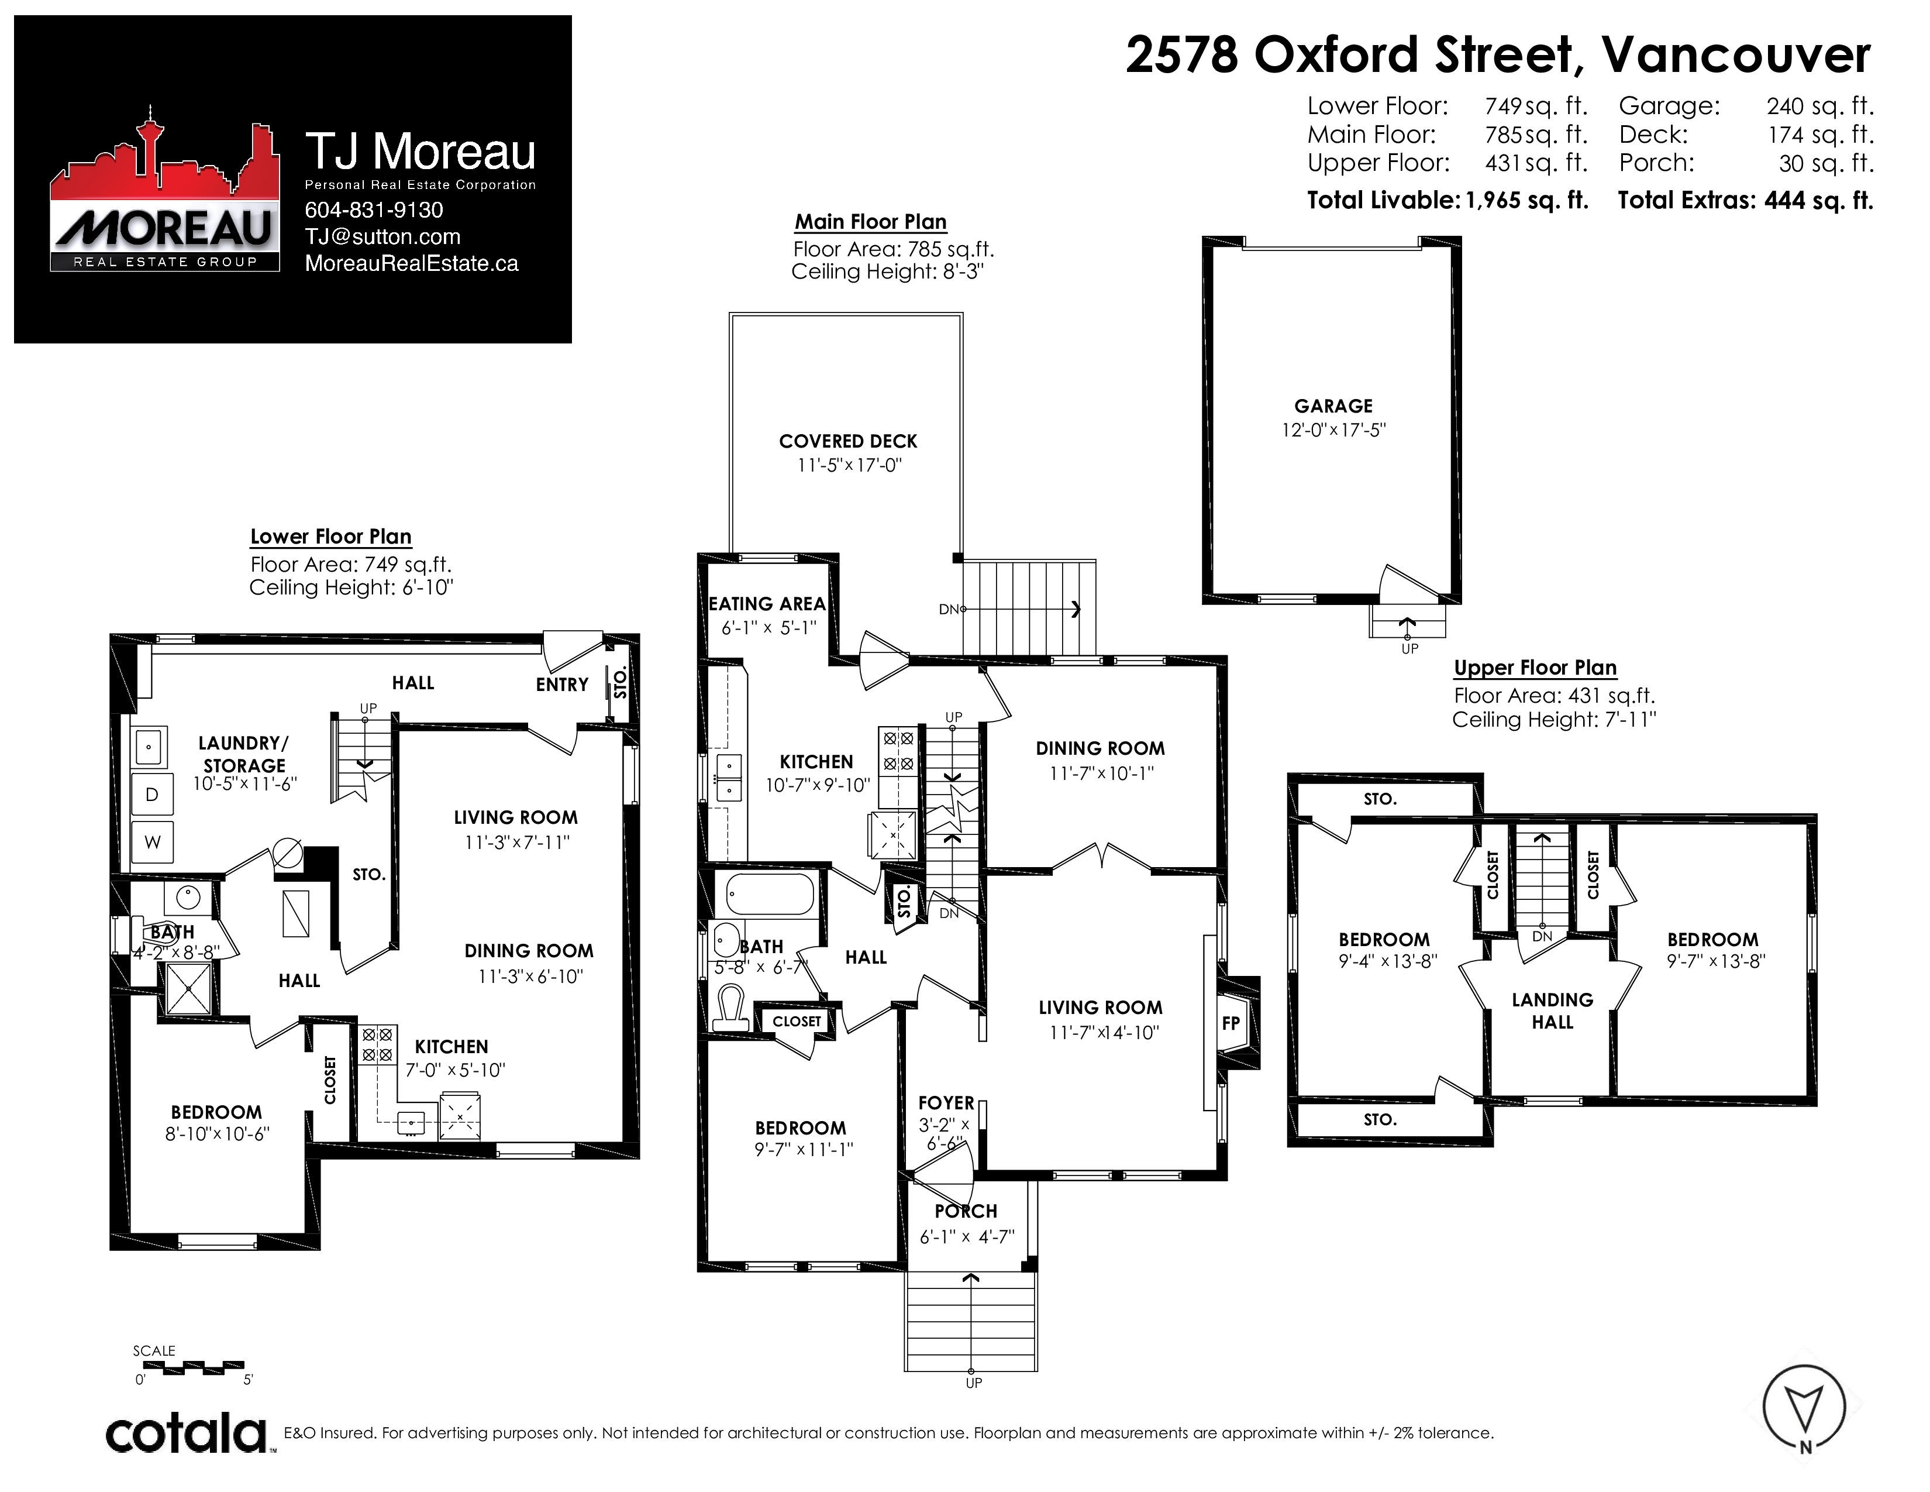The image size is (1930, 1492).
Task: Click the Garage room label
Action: coord(1333,407)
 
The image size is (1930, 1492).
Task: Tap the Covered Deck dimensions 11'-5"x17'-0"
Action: coord(849,465)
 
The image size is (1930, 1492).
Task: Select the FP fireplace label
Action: coord(1231,1023)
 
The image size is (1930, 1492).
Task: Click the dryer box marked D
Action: coord(152,795)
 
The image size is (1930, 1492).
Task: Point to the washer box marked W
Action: coord(152,843)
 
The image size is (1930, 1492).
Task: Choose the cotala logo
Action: coord(187,1433)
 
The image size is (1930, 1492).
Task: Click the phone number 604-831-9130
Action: coord(374,211)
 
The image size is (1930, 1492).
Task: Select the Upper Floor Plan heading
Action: coord(1535,668)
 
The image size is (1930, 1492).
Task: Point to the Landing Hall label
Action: coord(1553,1011)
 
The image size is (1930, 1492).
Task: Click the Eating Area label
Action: coord(767,604)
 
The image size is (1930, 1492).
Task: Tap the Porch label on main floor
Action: coord(966,1211)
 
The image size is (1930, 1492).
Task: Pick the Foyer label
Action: coord(946,1103)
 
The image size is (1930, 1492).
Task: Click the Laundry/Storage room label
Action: coord(244,754)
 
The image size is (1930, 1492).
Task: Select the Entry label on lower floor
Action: coord(562,685)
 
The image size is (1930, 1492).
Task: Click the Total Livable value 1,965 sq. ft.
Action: coord(1527,201)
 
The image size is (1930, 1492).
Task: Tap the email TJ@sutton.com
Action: coord(382,237)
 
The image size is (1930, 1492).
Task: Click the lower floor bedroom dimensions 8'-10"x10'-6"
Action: coord(218,1134)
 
